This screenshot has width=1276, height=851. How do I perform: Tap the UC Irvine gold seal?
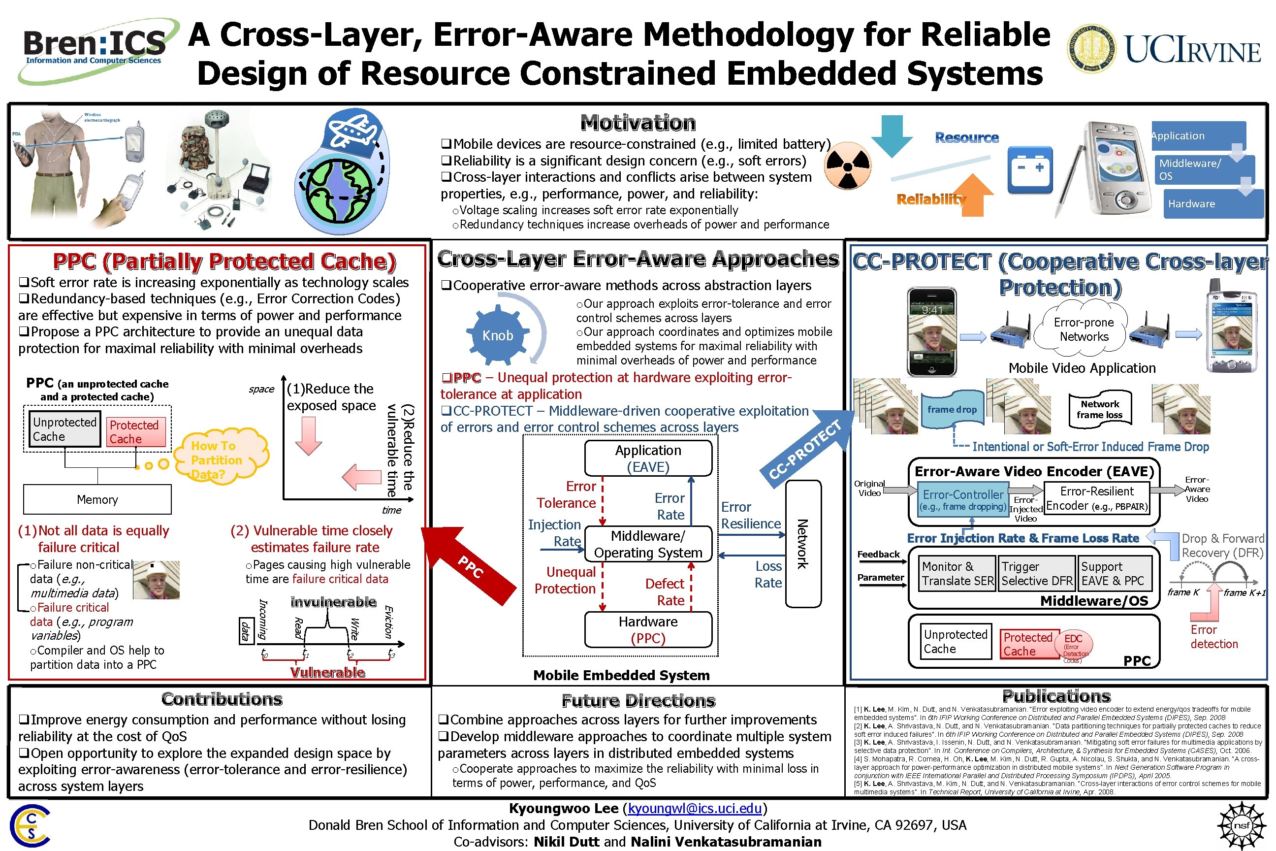[x=1092, y=49]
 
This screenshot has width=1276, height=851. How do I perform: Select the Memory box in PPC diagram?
[x=97, y=499]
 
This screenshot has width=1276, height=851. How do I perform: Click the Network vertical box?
[x=803, y=544]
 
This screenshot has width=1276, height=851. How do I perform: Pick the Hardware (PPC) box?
[x=648, y=629]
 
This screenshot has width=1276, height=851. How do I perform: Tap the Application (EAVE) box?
[x=648, y=458]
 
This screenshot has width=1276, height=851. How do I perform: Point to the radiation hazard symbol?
[x=847, y=166]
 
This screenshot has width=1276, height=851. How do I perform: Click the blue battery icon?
[x=1030, y=169]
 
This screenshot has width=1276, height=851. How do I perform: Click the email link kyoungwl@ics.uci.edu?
[x=695, y=809]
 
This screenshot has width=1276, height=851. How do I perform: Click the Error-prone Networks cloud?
[x=1084, y=329]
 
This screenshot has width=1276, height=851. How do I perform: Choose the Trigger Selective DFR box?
[x=1037, y=574]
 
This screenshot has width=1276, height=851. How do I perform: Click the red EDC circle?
[x=1073, y=645]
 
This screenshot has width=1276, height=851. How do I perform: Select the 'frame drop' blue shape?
[x=952, y=409]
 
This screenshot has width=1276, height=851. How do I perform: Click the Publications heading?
[x=1056, y=696]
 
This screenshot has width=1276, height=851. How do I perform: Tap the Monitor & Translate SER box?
[x=957, y=574]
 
